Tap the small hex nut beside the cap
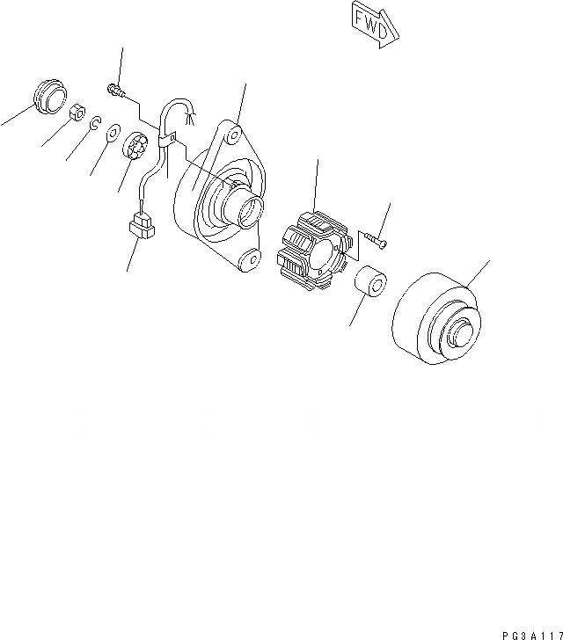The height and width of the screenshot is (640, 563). coord(77,113)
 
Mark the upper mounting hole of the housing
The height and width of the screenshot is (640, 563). coord(231,135)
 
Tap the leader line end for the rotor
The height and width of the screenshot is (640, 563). coord(489,261)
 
